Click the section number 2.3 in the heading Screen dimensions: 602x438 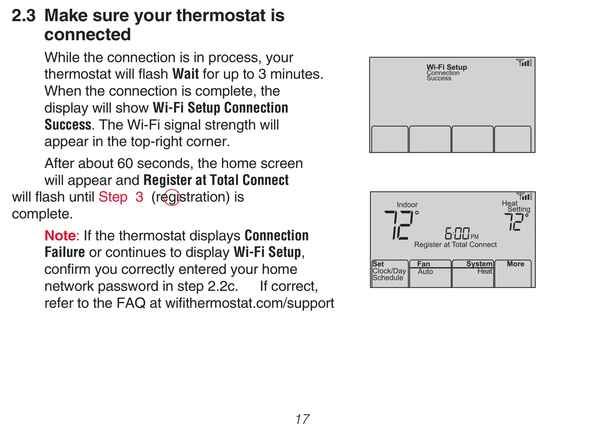(x=24, y=16)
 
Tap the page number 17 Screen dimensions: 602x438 (x=302, y=419)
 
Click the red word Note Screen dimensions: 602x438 (x=60, y=236)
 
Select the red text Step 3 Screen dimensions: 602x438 (x=121, y=197)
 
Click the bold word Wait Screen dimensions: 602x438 (x=185, y=74)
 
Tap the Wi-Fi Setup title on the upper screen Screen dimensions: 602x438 (x=447, y=67)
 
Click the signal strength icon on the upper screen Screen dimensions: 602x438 (x=524, y=62)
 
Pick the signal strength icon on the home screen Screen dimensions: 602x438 (x=524, y=197)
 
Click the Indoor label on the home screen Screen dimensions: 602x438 (x=407, y=205)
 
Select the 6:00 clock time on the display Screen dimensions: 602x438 (x=457, y=233)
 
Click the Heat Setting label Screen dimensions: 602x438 (x=516, y=206)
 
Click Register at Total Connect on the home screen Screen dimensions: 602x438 (x=455, y=245)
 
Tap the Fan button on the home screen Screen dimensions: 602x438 (x=430, y=274)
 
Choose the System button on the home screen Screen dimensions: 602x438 (x=473, y=274)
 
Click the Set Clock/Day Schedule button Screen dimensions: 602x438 (x=390, y=274)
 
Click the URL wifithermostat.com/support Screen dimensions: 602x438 (x=250, y=304)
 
